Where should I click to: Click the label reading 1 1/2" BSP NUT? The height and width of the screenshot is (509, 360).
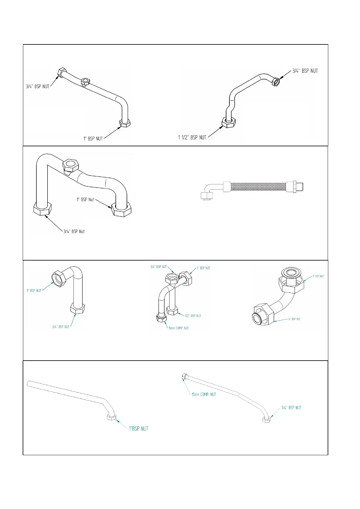[192, 138]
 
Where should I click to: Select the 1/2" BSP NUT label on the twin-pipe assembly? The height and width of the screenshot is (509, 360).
[193, 316]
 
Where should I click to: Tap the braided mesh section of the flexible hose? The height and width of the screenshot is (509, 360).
[258, 186]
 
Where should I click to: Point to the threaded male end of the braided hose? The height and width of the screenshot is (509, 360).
[299, 186]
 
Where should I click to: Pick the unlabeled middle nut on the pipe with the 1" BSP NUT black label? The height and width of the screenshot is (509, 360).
[85, 81]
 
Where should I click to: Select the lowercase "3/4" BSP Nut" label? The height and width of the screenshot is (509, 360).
[74, 232]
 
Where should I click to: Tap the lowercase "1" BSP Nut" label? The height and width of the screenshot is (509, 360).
[85, 200]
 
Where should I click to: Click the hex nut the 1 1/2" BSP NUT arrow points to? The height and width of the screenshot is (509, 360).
[229, 122]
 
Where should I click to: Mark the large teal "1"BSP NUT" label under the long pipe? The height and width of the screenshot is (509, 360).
[139, 429]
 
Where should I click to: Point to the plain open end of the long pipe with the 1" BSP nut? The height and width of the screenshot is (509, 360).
[29, 383]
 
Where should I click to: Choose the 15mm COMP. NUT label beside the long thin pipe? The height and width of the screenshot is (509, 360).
[204, 394]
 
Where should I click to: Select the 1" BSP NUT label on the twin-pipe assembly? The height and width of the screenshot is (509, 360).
[203, 268]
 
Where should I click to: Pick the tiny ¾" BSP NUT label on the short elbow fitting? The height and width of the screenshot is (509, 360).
[294, 319]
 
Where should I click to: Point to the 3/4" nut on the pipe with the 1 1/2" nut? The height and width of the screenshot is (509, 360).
[276, 81]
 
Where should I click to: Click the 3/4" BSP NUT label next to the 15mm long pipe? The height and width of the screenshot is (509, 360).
[291, 408]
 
